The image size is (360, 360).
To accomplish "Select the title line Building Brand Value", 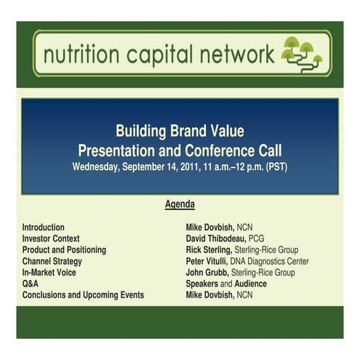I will coord(180,132).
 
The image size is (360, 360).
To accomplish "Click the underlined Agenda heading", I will coord(180,205).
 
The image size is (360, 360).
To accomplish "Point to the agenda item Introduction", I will coord(43,228).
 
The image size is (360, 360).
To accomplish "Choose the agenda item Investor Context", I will coord(51,239).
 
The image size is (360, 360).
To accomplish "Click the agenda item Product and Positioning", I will coord(64,250).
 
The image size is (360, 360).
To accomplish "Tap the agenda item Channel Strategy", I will coord(52,261).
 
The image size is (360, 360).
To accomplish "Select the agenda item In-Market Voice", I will coord(49,273).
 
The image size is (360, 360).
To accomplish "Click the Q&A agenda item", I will coord(30,284).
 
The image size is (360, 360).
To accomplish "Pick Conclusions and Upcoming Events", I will coord(83,295).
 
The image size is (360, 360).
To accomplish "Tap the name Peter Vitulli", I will coord(207,261).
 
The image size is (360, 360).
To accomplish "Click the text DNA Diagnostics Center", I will coord(270,261).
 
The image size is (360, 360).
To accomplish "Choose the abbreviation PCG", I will coord(257,239).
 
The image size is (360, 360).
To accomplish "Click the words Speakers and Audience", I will coord(226,284).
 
